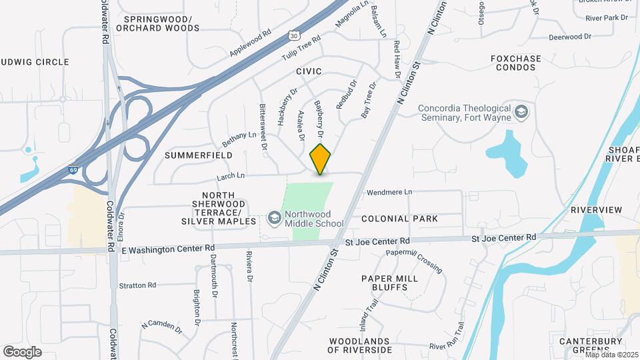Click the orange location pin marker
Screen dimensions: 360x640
pyautogui.click(x=321, y=159)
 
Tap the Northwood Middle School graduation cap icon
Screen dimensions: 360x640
pyautogui.click(x=273, y=217)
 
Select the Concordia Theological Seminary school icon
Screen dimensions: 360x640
pyautogui.click(x=521, y=112)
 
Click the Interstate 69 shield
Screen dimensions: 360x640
pyautogui.click(x=74, y=171)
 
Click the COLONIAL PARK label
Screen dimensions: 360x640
pyautogui.click(x=399, y=219)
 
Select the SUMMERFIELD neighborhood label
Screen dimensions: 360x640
pyautogui.click(x=198, y=155)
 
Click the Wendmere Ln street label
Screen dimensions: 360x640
pyautogui.click(x=390, y=192)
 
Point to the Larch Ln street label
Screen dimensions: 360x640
pyautogui.click(x=231, y=177)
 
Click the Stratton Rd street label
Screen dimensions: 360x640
pyautogui.click(x=137, y=285)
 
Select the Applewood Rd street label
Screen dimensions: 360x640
pyautogui.click(x=250, y=42)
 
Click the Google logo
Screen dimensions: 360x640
pyautogui.click(x=22, y=351)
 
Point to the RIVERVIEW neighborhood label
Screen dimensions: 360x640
pyautogui.click(x=596, y=210)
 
